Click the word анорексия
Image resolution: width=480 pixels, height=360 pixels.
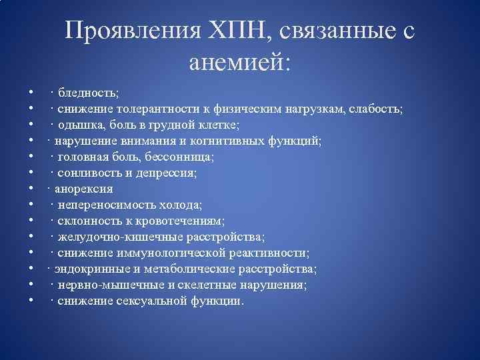click(x=83, y=189)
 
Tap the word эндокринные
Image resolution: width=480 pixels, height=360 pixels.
click(x=85, y=269)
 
